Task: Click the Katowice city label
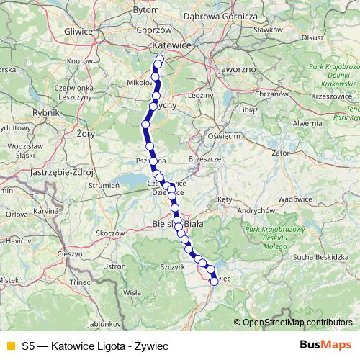click(171, 45)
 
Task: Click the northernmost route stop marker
click(160, 59)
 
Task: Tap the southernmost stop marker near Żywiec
click(214, 282)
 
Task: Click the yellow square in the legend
click(9, 346)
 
